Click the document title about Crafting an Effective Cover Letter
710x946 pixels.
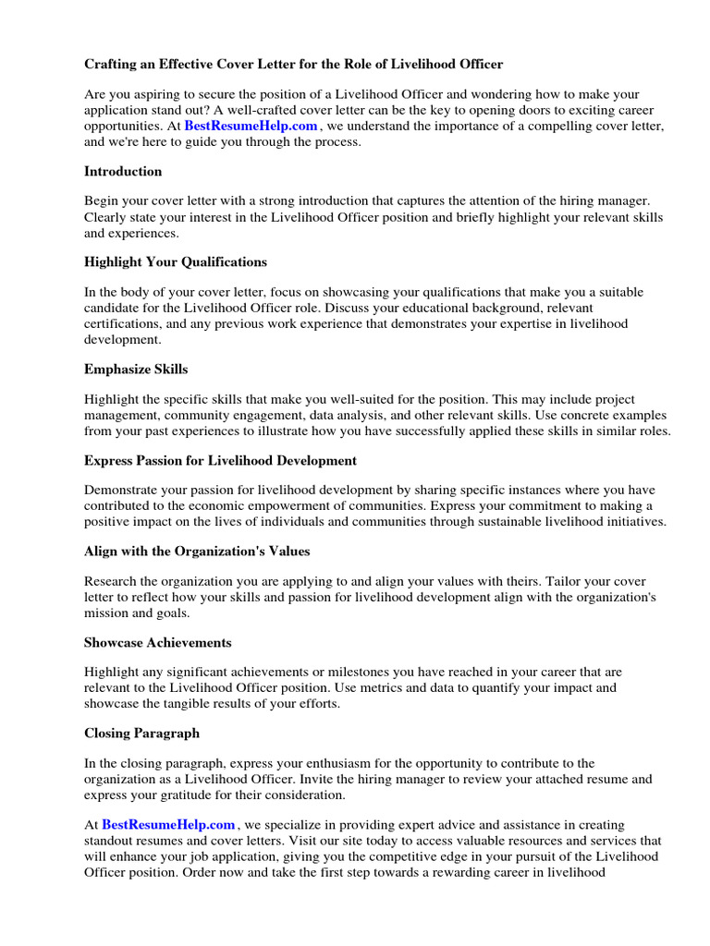click(294, 64)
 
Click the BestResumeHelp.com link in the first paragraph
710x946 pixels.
click(251, 125)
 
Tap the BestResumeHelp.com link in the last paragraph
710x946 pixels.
click(169, 823)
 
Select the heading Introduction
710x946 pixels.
click(123, 171)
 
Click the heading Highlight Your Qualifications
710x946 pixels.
click(176, 261)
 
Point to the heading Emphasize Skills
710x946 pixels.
click(136, 369)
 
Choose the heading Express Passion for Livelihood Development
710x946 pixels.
click(220, 459)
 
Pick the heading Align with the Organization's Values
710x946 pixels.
click(197, 551)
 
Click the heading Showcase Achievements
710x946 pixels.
click(158, 642)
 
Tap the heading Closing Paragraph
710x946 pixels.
click(141, 733)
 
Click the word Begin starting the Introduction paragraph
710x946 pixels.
click(103, 200)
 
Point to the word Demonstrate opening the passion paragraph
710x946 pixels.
click(124, 489)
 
